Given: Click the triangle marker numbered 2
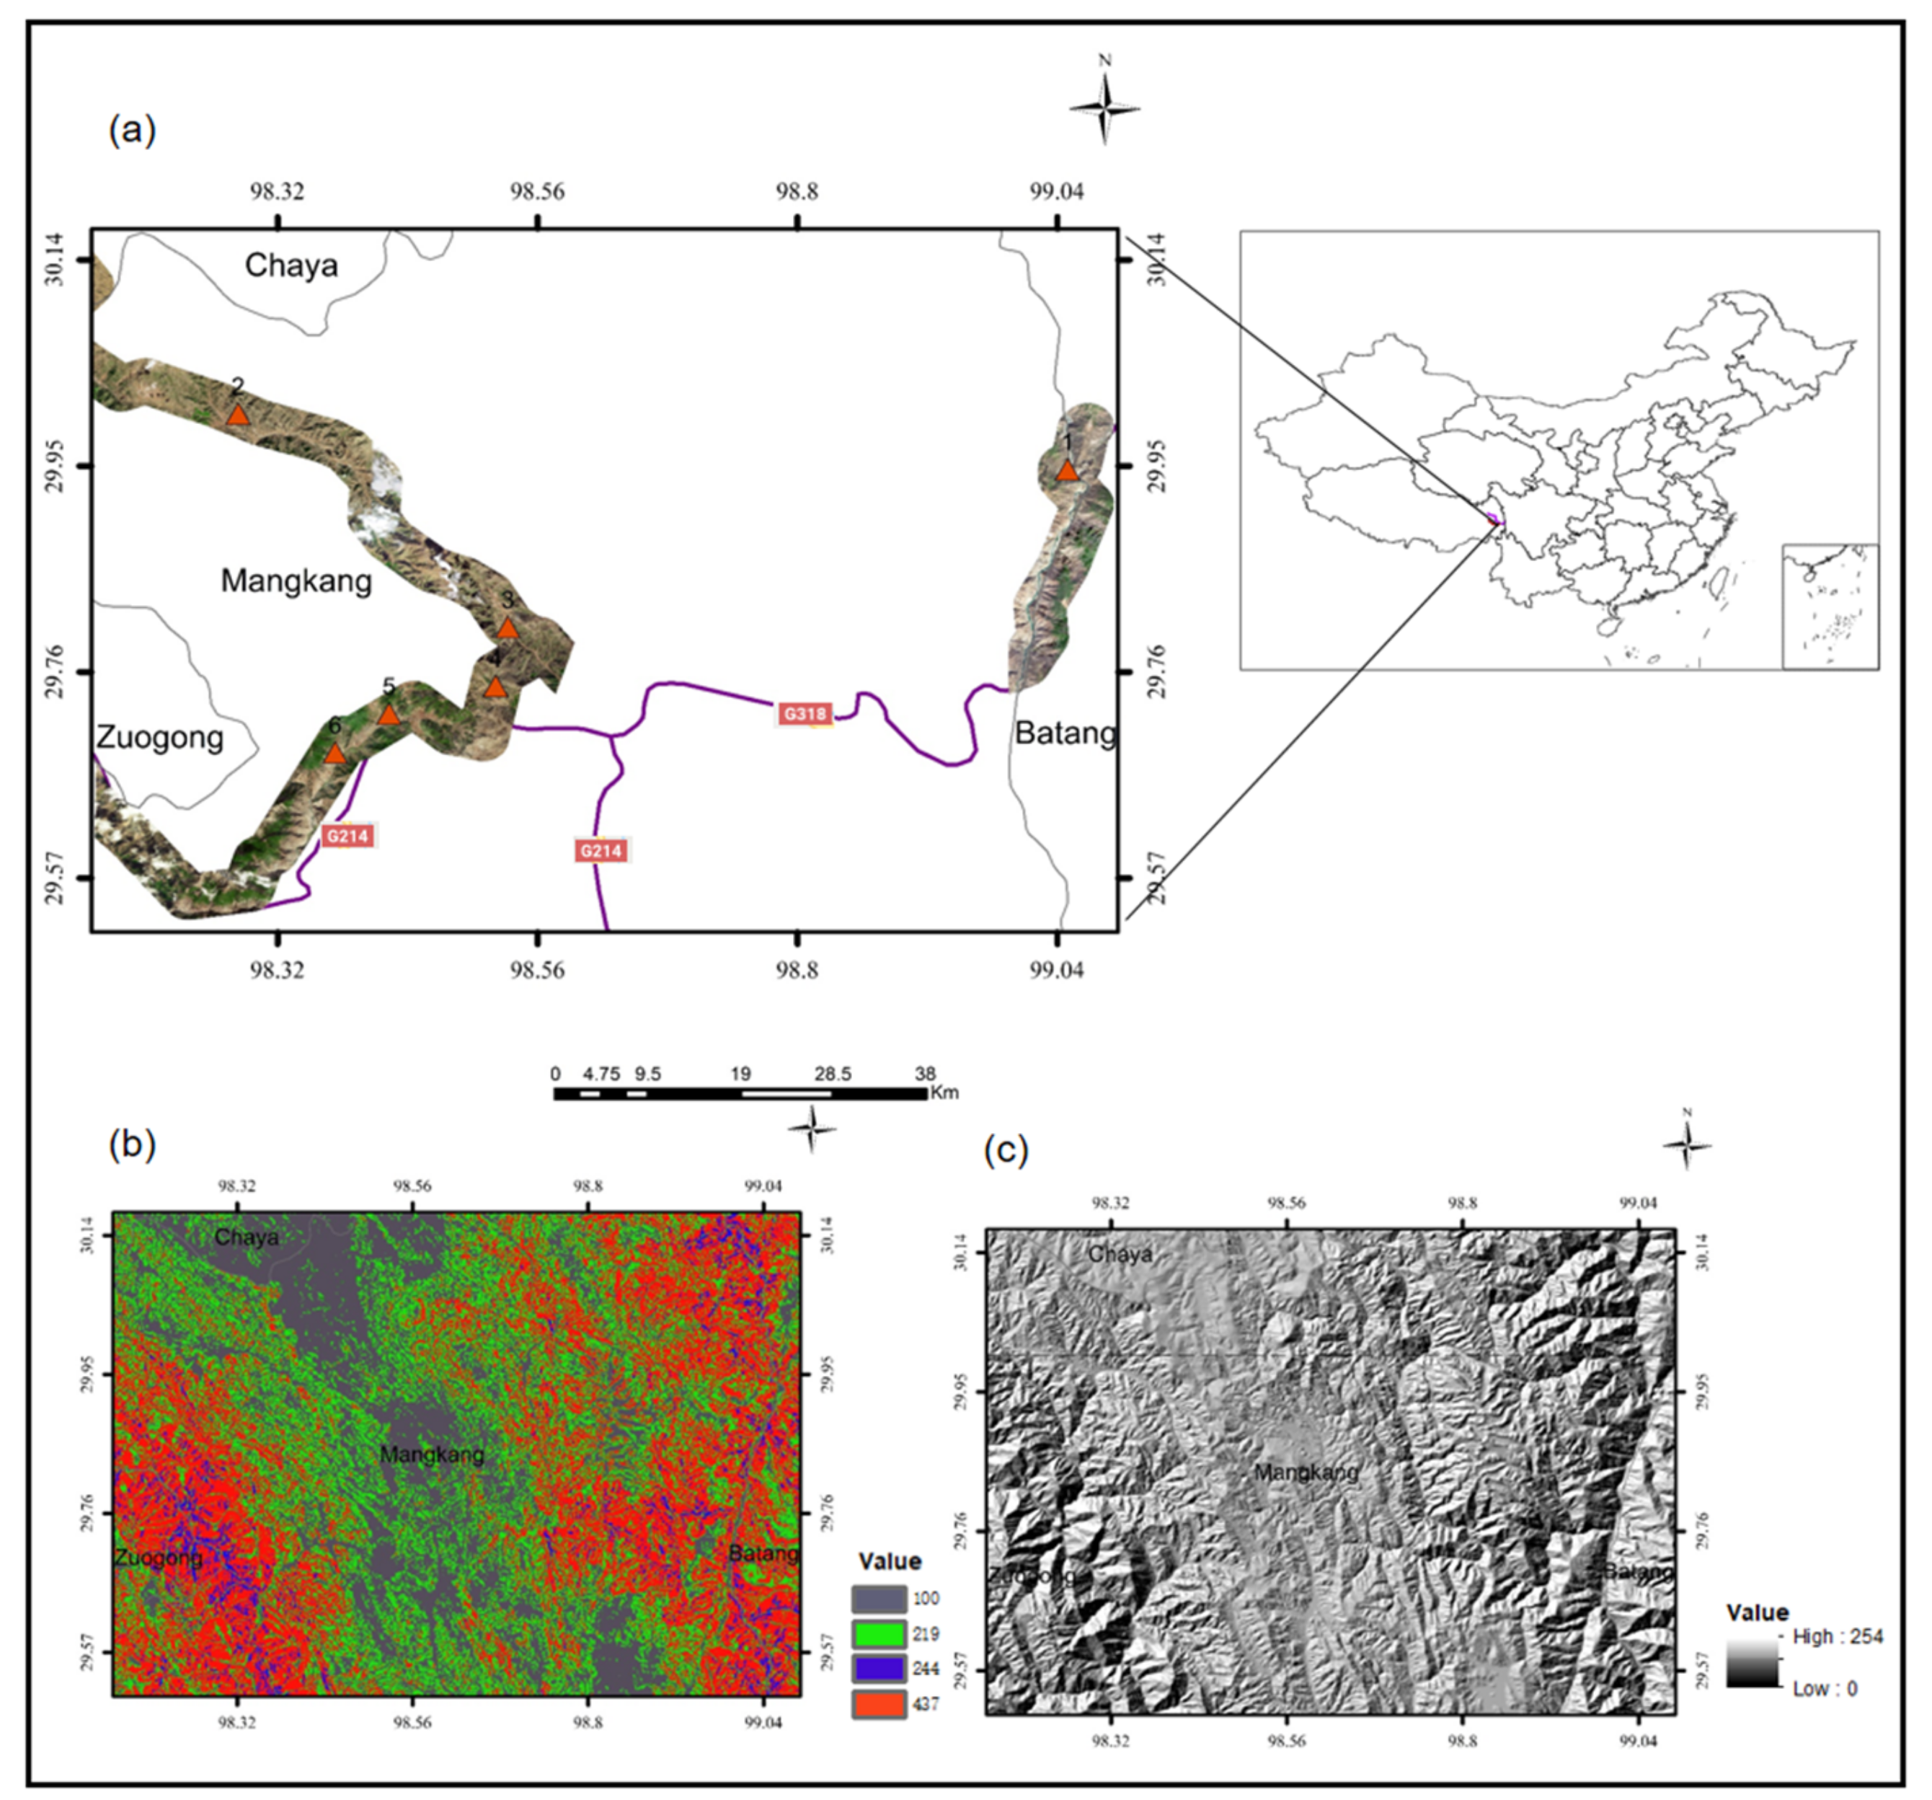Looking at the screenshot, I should [x=238, y=416].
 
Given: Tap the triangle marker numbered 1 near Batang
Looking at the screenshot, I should [x=1067, y=472].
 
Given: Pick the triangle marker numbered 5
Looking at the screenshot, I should [x=389, y=715].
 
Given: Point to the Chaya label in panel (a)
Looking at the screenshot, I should [x=291, y=265].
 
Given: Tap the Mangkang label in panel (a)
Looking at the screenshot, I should [x=296, y=581].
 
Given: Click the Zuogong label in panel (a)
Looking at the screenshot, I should [x=160, y=738].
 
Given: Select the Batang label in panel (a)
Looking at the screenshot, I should [x=1065, y=733].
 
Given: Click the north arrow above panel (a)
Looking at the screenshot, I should [x=1105, y=107].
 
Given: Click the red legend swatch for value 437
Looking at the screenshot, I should [x=879, y=1704].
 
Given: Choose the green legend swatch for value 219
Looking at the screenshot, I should [x=879, y=1634].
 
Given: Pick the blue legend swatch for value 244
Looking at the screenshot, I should [x=879, y=1669].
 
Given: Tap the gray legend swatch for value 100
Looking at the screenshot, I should [x=879, y=1599].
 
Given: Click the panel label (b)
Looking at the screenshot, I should [x=132, y=1145].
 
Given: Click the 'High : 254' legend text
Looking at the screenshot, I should [x=1838, y=1637].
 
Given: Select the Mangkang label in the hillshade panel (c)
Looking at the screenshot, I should [x=1306, y=1473].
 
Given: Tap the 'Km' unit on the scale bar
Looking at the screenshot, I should [x=944, y=1093].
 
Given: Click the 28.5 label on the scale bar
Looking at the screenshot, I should [x=833, y=1074].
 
